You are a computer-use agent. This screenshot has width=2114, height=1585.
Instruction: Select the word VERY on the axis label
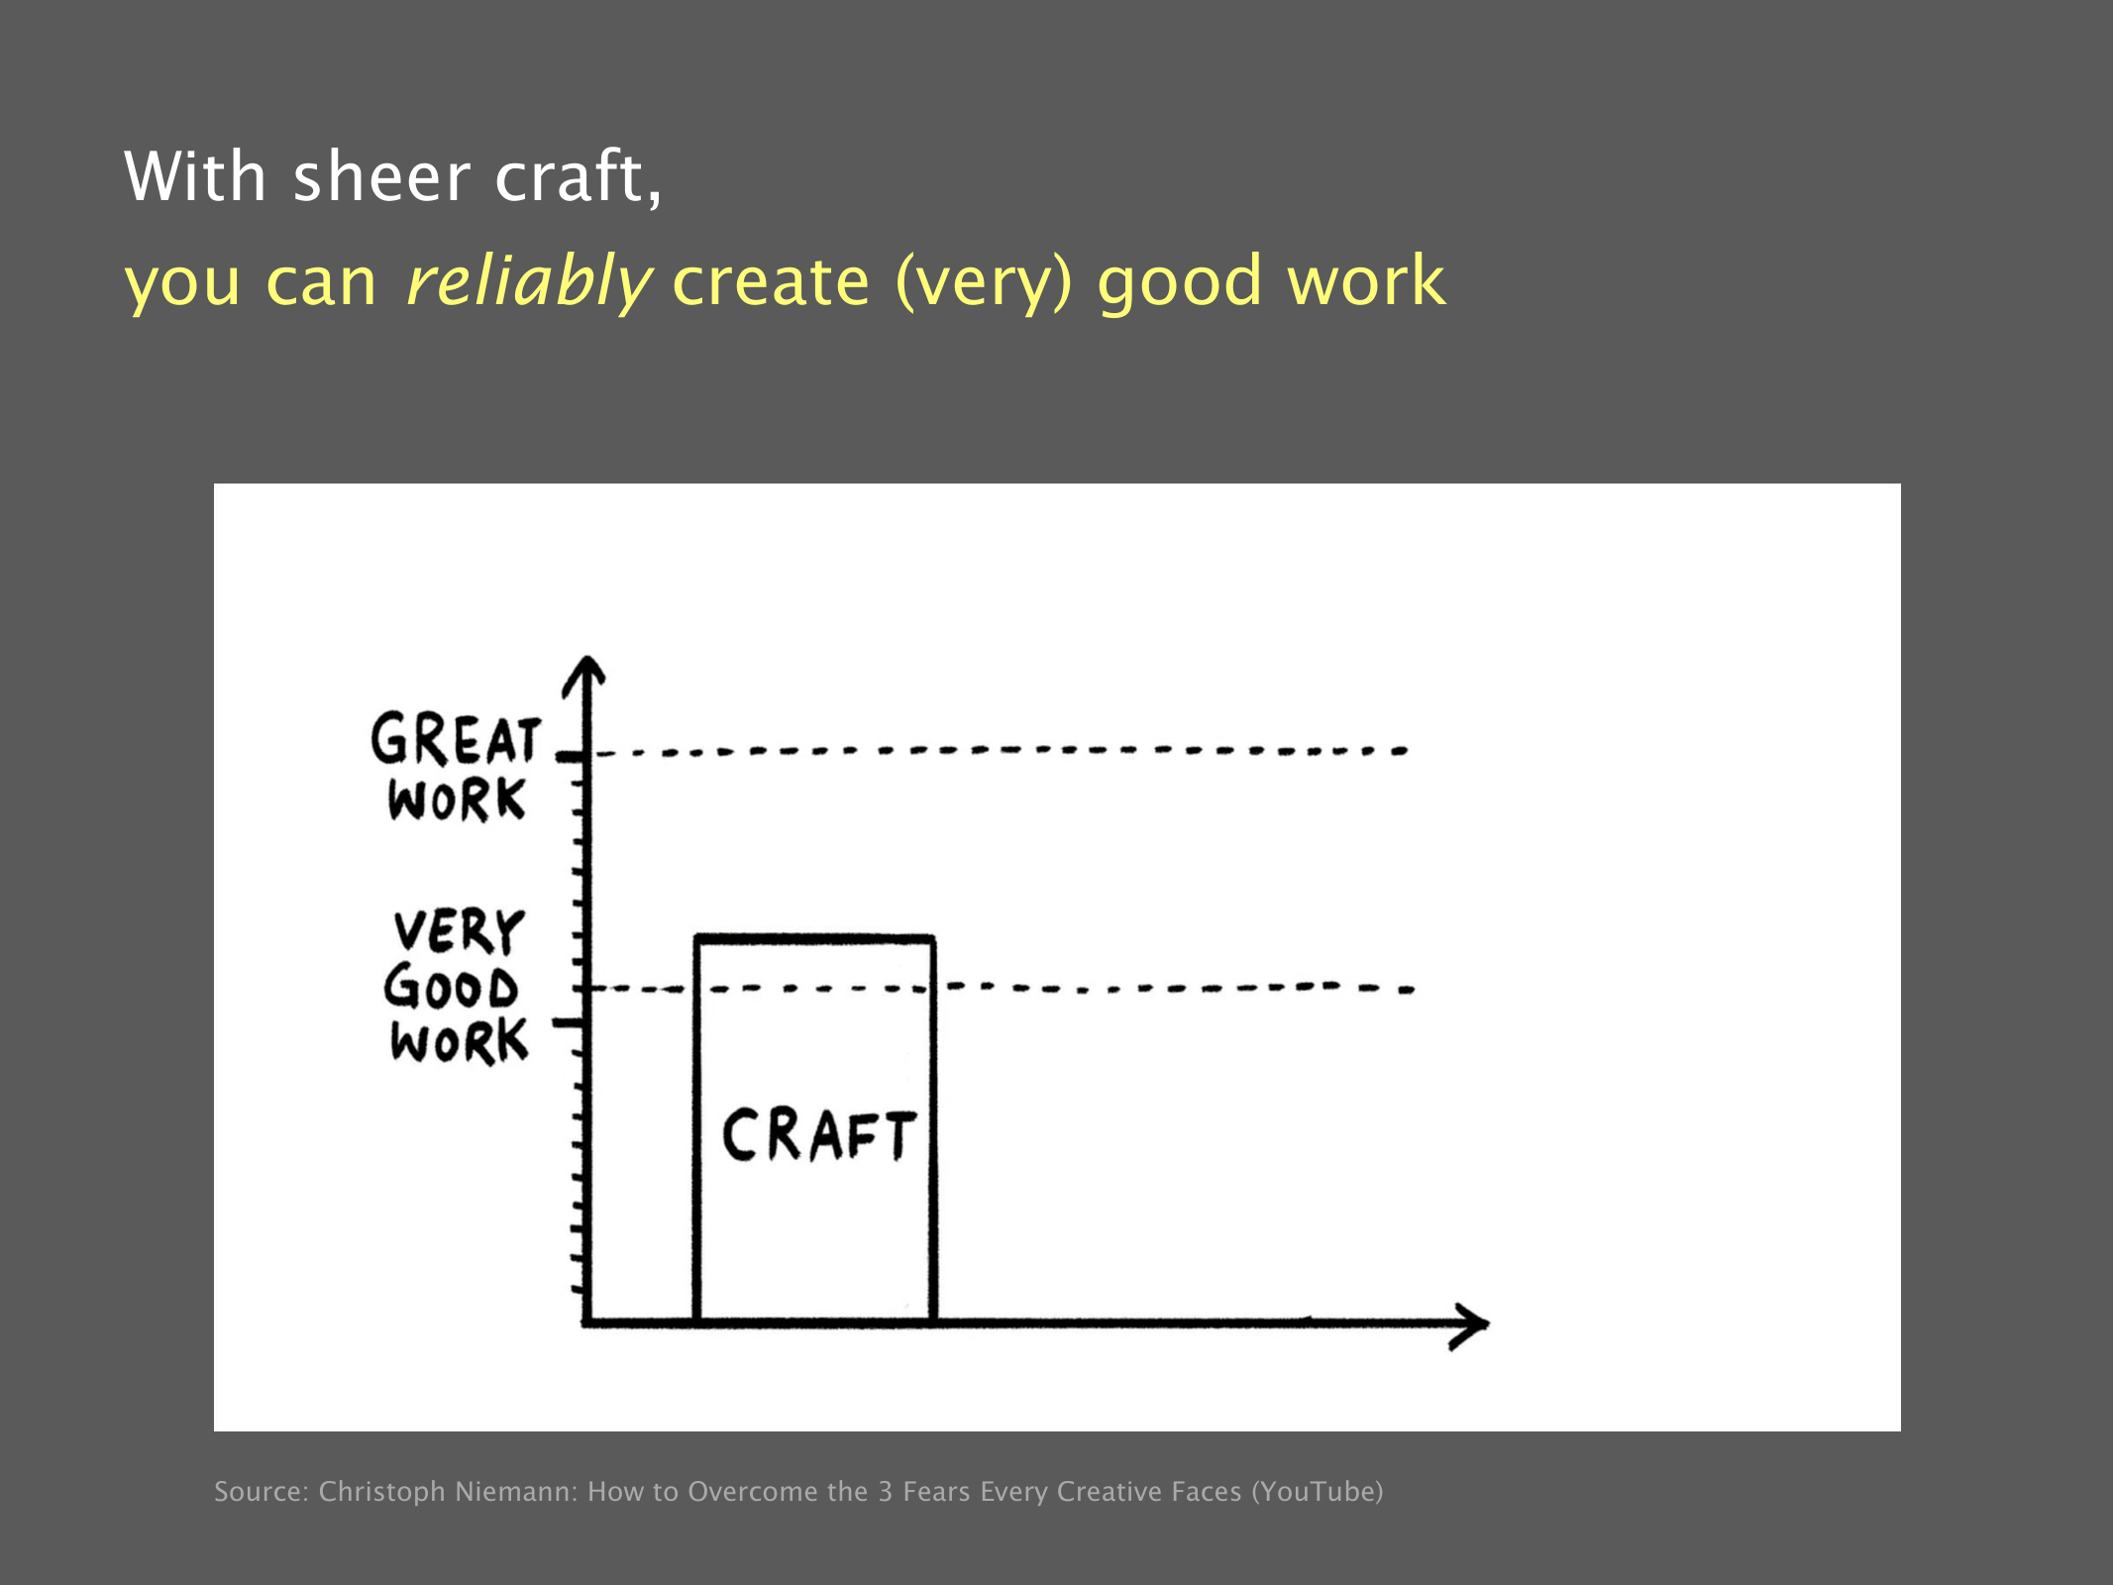[x=458, y=931]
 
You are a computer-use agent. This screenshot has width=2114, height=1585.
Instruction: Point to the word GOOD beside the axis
[x=451, y=988]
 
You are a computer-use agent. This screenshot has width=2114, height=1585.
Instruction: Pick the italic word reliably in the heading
[x=528, y=281]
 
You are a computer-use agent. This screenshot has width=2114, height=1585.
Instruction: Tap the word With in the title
[x=195, y=176]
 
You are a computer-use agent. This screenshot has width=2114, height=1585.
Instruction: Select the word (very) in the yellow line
[x=984, y=281]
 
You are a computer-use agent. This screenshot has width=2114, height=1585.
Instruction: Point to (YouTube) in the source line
[x=1318, y=1492]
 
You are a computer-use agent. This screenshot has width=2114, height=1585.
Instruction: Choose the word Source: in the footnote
[x=262, y=1491]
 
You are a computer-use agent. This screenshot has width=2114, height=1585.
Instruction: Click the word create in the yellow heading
[x=771, y=281]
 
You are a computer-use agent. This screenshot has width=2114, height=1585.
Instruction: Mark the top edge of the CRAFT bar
[x=814, y=937]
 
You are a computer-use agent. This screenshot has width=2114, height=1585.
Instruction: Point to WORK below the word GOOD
[x=459, y=1041]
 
